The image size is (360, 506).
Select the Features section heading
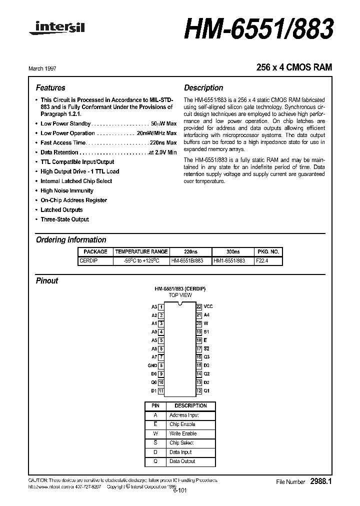tap(50, 87)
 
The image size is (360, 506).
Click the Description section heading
tap(203, 87)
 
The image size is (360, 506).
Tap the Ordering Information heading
tap(71, 239)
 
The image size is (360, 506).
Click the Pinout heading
tap(47, 280)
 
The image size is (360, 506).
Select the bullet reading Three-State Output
tap(64, 219)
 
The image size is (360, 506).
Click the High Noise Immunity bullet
tap(66, 190)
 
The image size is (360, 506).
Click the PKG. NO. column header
tap(268, 251)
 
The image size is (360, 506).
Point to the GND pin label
tap(152, 365)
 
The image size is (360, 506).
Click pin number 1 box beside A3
tap(161, 306)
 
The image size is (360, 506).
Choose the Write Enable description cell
tap(182, 433)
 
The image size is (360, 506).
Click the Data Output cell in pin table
tap(182, 461)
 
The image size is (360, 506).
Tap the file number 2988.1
tap(321, 481)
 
